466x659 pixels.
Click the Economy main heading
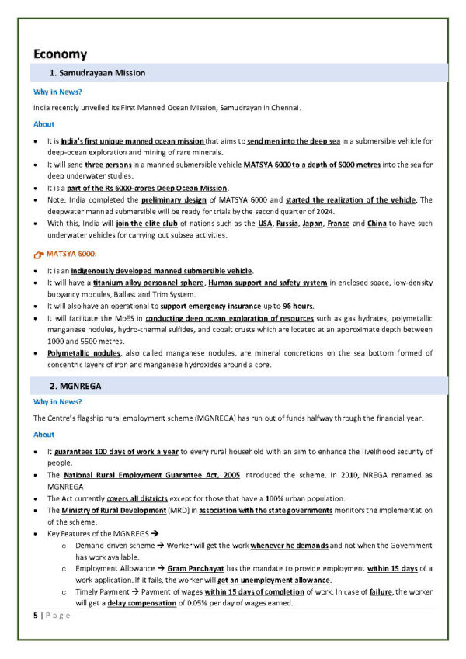pos(60,54)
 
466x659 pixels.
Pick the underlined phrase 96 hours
pos(297,307)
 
